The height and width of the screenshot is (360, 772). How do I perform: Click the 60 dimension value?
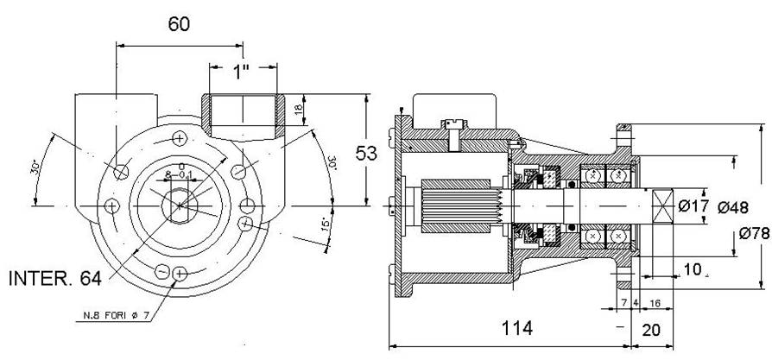[179, 23]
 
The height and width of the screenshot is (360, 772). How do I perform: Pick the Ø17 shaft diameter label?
[693, 207]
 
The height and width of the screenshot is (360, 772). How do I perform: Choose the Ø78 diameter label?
[755, 233]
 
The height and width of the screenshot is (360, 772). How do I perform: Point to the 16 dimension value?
[655, 303]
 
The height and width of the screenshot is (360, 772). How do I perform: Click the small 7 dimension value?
[624, 303]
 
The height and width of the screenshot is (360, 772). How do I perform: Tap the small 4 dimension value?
[636, 303]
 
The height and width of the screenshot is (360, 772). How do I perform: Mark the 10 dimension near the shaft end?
[691, 269]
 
